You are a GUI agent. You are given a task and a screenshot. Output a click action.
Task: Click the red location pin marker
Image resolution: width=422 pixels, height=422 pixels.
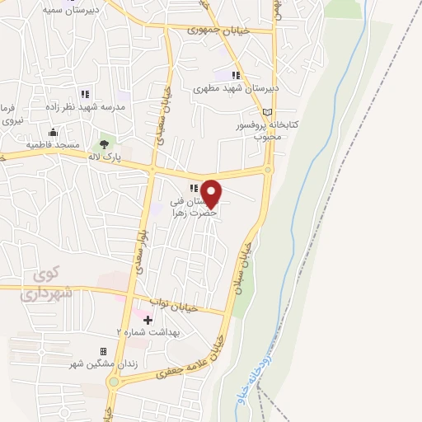pos(212,194)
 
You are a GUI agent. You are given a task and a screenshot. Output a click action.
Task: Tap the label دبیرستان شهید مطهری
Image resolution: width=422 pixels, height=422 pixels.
pos(237,87)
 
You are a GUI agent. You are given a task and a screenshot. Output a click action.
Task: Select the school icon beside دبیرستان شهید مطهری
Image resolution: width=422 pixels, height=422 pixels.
pos(237,75)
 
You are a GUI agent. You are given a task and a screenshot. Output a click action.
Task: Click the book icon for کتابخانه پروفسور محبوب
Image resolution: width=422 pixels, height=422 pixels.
pos(266,112)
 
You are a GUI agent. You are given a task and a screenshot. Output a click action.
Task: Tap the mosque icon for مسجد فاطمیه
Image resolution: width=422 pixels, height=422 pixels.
pos(54,132)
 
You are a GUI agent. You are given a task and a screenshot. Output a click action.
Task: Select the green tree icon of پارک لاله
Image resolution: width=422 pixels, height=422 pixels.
pos(104,145)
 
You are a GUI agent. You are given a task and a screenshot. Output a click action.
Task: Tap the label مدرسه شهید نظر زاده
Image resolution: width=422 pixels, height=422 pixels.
pos(86,106)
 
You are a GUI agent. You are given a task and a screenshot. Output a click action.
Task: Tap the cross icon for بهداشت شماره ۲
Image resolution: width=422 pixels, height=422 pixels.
pos(148,319)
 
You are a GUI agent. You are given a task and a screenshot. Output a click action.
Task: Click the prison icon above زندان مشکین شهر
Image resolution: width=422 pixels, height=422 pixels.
pos(103,351)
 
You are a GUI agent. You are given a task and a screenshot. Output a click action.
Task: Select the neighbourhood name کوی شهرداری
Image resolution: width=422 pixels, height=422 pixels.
pos(47,285)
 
